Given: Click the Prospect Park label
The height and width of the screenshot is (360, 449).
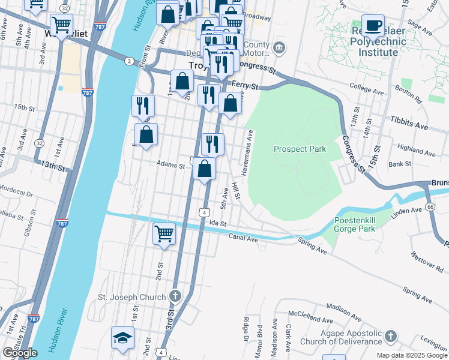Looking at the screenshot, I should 300,149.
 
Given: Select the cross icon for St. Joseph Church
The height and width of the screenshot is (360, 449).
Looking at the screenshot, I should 174,296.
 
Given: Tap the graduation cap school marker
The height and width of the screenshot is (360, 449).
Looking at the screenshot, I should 122,338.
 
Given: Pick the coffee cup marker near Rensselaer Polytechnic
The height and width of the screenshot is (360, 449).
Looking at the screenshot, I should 373,25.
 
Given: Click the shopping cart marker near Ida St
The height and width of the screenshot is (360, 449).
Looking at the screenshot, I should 164,233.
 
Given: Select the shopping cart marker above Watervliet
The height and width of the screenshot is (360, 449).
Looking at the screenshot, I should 61,25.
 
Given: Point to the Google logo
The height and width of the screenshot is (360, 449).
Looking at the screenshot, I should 20,353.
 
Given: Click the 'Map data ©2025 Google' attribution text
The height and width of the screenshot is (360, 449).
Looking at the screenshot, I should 411,355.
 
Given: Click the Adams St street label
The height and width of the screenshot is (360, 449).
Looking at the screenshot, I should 170,164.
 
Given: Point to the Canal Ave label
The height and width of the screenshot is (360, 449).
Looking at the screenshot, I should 243,237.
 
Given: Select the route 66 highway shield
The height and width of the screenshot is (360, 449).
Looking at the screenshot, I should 430,206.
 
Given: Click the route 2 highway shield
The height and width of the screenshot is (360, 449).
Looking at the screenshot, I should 129,61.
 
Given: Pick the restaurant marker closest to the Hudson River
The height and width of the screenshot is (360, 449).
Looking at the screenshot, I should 143,106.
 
